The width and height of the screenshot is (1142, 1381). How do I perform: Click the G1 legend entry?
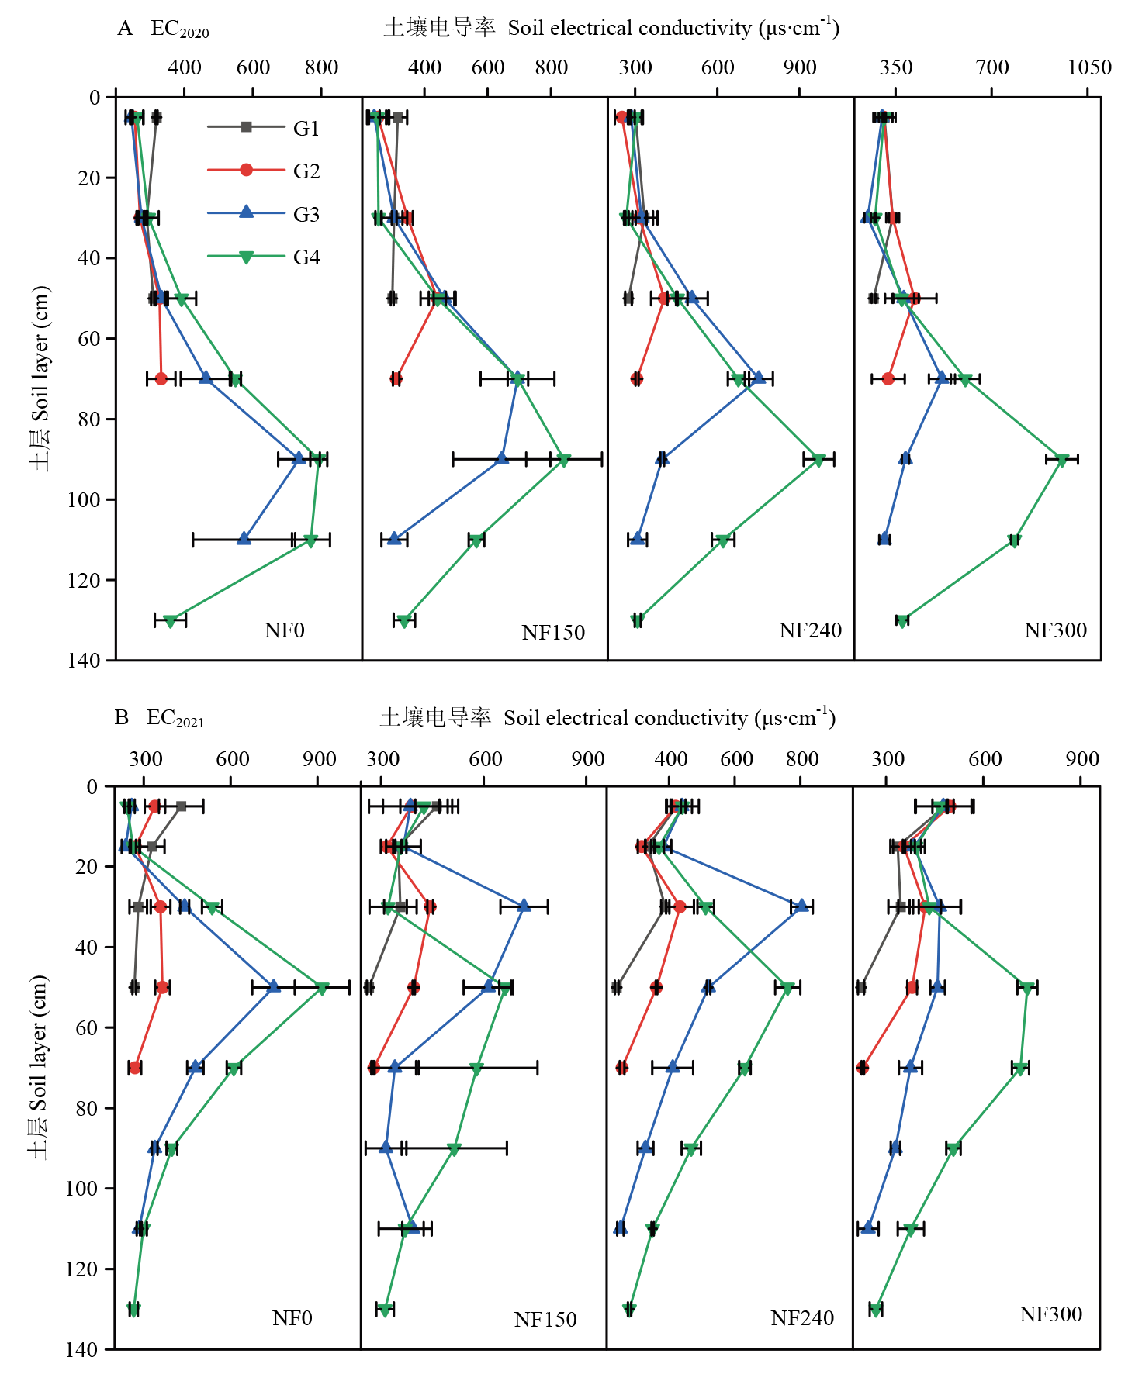[306, 128]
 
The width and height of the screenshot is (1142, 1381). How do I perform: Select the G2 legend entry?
[306, 171]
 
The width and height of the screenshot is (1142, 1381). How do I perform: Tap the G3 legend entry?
[306, 214]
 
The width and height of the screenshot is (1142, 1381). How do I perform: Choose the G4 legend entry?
[306, 257]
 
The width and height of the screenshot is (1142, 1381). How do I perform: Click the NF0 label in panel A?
[284, 630]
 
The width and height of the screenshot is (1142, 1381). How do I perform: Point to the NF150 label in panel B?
[545, 1319]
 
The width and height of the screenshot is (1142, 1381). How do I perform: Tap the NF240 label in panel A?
[810, 630]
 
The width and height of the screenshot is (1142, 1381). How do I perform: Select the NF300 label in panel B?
[1050, 1314]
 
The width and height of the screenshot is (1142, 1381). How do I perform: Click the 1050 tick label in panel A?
[1089, 67]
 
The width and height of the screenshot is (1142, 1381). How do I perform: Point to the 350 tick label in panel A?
[896, 67]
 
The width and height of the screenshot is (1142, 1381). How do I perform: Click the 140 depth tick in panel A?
[84, 660]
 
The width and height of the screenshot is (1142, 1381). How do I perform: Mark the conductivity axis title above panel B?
[607, 717]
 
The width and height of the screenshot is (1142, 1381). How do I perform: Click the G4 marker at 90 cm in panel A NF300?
[1062, 460]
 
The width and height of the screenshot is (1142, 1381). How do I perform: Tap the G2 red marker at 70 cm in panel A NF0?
[161, 378]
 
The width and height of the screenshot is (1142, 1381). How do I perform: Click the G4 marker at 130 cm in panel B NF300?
[876, 1310]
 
